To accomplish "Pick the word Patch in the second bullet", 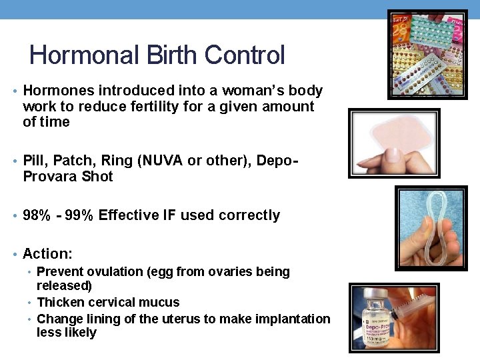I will (x=75, y=161).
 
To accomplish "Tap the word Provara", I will (x=50, y=177).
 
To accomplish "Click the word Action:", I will (x=47, y=254).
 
